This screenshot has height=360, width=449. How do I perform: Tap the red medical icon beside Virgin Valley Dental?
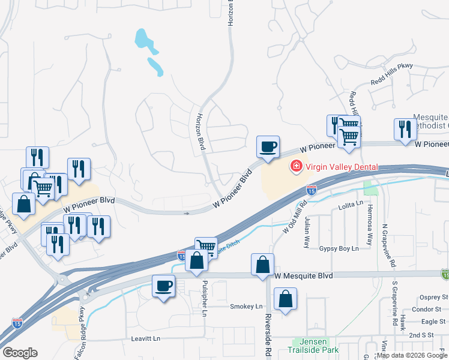tap(296, 167)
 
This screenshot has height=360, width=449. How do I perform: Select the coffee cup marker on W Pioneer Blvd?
tap(268, 146)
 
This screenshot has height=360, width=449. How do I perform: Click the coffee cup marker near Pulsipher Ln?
tap(163, 286)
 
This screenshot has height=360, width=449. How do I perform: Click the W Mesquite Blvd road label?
tap(303, 275)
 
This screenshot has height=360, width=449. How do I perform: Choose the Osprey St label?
tap(432, 296)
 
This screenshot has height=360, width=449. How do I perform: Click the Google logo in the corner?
tap(20, 352)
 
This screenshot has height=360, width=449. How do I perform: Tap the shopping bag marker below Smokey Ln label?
tap(286, 299)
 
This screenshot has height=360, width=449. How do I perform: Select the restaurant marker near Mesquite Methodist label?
tap(405, 130)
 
